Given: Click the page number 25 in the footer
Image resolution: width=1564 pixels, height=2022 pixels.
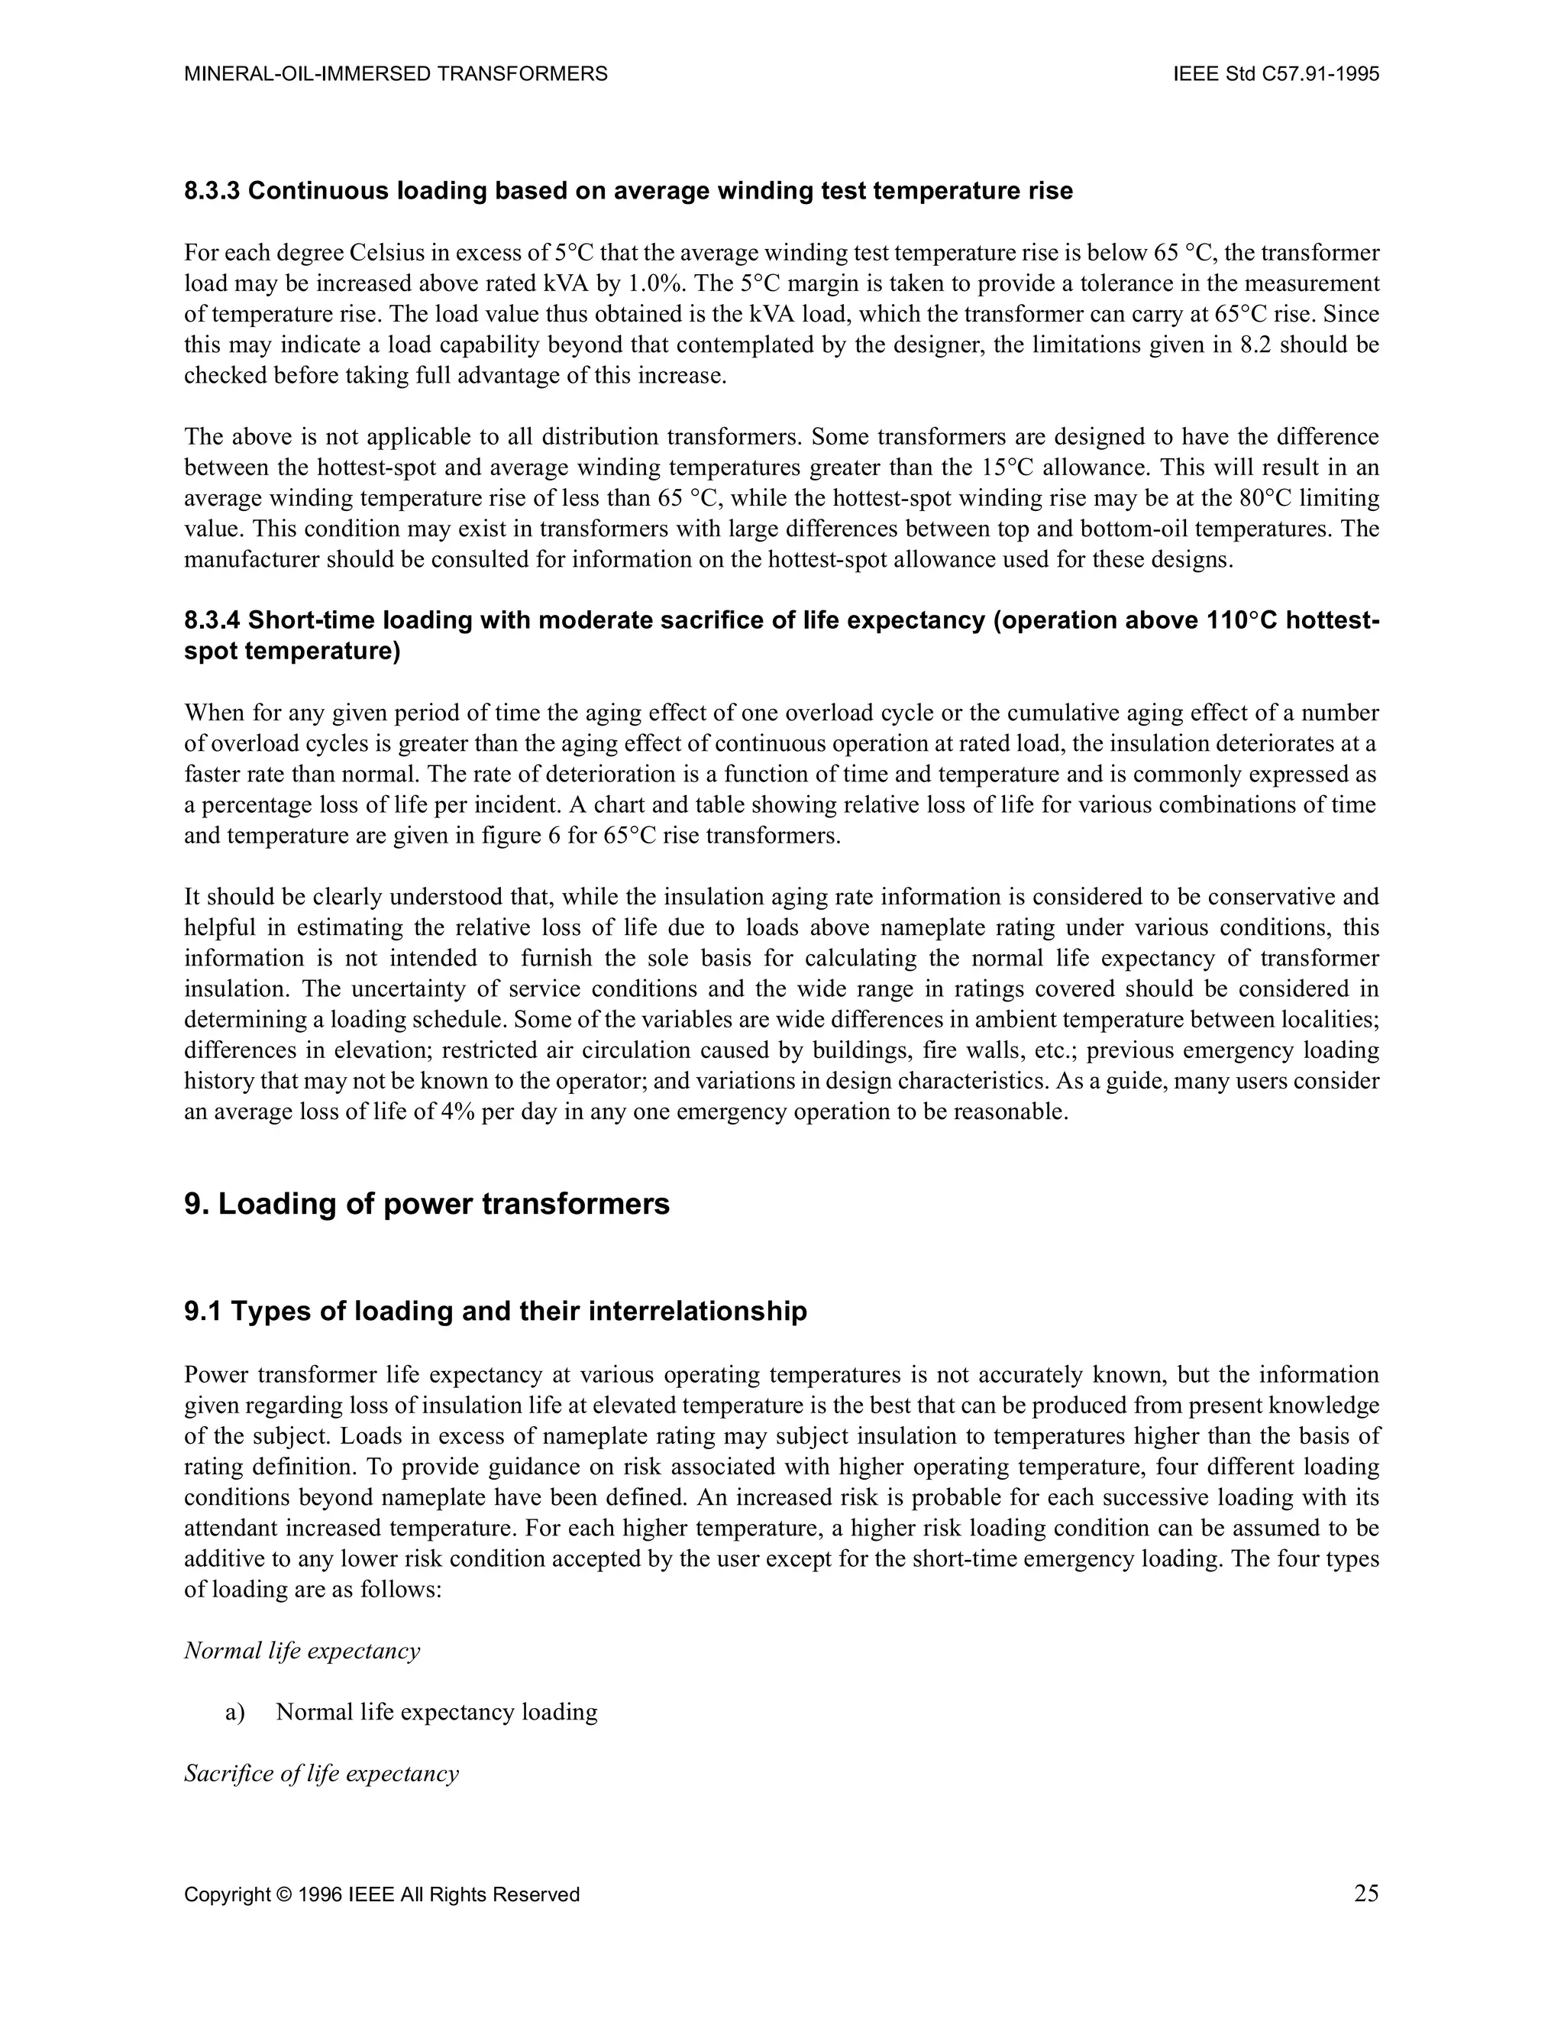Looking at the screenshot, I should point(1366,1894).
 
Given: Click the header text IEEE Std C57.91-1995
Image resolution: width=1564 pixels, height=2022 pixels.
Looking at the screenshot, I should point(1276,74).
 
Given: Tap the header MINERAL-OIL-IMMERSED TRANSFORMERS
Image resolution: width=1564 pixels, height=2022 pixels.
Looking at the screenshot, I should point(396,74).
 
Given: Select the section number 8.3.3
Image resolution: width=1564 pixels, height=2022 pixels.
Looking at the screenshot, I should point(212,191).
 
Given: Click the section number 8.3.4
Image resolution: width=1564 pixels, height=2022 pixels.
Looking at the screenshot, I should point(212,620).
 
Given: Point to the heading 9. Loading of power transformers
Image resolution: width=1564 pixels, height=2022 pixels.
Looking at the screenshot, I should point(427,1204).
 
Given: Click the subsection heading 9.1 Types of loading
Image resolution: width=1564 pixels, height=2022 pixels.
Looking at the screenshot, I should point(495,1311).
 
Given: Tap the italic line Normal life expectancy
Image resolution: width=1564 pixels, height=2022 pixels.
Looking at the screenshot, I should point(302,1651).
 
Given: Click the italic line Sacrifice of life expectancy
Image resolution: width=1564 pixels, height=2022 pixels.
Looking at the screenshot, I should point(322,1774).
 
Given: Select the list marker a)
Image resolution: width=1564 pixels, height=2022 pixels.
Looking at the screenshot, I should point(234,1713).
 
